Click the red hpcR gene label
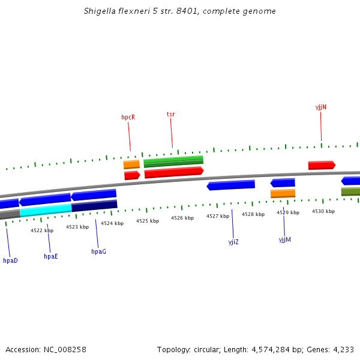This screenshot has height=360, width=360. tap(128, 118)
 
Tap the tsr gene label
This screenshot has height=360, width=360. tap(170, 114)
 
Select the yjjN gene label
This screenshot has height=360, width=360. tap(320, 107)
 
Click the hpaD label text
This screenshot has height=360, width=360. tap(10, 260)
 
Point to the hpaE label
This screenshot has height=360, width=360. tap(51, 256)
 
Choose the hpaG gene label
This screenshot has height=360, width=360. tap(98, 251)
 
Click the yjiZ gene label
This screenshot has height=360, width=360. tap(233, 242)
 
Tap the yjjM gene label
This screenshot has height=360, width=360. tap(284, 239)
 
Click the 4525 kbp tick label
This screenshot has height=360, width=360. tap(148, 221)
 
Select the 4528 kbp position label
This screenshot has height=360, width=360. tap(253, 214)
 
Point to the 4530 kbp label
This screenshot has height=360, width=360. tap(323, 211)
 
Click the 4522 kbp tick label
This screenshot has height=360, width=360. tap(42, 230)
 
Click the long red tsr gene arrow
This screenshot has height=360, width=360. tap(173, 173)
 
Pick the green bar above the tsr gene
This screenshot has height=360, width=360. tap(173, 161)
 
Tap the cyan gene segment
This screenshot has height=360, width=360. tap(46, 210)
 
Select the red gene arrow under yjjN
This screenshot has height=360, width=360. tap(321, 165)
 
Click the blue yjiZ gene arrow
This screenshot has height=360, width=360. tap(231, 185)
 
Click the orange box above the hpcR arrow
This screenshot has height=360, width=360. tap(131, 164)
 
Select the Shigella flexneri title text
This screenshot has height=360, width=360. tap(180, 11)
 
